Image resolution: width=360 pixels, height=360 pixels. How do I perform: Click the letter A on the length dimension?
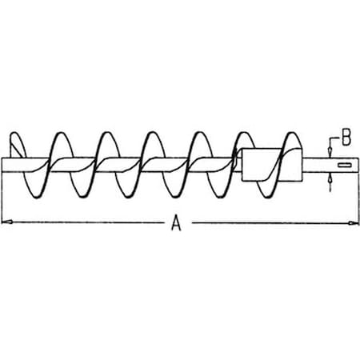coord(176,223)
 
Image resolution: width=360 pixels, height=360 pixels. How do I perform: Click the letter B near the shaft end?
coord(346,137)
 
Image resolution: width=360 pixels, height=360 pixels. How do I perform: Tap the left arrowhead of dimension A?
coord(6,222)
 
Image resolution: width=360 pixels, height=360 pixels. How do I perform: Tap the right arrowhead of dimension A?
coord(354,223)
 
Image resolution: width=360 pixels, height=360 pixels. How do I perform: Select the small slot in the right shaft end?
coord(344,165)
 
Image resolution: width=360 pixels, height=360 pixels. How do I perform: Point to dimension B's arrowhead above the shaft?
coord(330,152)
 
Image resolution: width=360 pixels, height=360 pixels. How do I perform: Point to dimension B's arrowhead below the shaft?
coord(330,178)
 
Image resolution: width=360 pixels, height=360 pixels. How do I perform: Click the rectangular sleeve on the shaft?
coord(271,165)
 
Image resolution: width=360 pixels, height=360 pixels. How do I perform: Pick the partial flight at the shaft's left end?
coord(17,146)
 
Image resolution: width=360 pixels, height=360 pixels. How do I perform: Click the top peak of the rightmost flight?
coord(293,133)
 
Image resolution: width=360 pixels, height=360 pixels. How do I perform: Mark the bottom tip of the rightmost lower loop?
coord(266,198)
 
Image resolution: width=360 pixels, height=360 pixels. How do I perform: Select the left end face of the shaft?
coord(2,165)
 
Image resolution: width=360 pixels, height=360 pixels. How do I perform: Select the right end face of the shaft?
coord(358,165)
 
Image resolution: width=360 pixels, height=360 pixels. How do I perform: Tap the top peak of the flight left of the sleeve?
coord(244,133)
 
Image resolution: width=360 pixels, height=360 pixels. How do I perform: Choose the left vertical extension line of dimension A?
coord(2,198)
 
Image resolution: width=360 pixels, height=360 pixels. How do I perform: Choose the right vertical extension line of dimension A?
coord(358,198)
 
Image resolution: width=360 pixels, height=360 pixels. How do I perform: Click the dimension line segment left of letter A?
coord(86,222)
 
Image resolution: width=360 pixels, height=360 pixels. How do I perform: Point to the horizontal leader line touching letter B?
coord(336,138)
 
